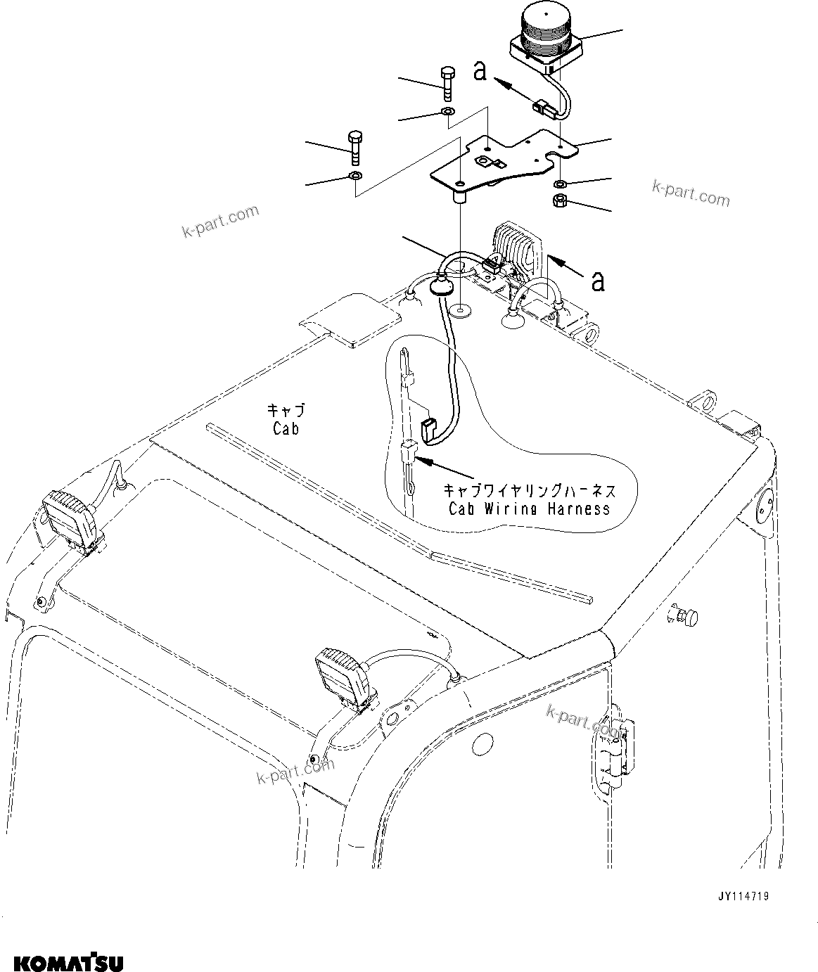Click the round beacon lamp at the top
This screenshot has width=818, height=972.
point(545,39)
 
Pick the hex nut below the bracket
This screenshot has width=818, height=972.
point(561,202)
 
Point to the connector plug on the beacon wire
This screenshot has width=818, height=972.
point(542,108)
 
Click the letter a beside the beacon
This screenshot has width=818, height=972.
point(480,71)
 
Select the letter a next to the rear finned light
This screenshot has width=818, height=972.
point(597,281)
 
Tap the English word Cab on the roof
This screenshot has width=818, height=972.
point(286,428)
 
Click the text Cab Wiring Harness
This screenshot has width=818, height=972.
point(529,508)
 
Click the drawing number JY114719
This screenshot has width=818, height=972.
point(743,896)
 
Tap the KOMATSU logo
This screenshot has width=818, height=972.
point(63,960)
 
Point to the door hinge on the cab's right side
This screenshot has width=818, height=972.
point(613,747)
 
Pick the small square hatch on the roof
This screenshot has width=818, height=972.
point(350,319)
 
